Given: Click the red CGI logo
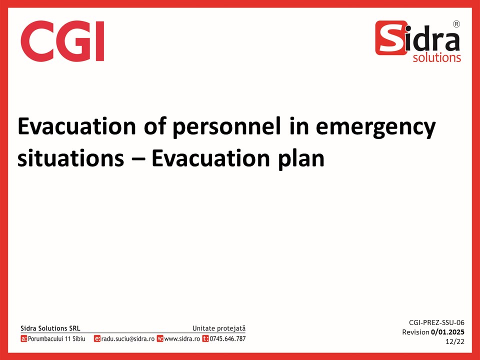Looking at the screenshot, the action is [x=62, y=41].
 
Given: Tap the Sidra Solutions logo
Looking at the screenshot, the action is [x=418, y=41].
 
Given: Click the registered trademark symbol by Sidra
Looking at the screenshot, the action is [x=456, y=24].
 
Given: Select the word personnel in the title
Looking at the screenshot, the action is [x=226, y=126].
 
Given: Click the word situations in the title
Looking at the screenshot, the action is [x=70, y=158].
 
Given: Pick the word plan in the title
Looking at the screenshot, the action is [x=301, y=159].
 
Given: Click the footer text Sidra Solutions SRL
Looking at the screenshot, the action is [x=50, y=328].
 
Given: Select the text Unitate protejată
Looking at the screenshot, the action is [x=219, y=328].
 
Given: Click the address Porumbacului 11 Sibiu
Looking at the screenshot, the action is [x=56, y=338].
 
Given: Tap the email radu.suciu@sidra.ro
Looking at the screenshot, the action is [x=128, y=338].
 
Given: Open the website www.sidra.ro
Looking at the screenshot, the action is [x=182, y=339].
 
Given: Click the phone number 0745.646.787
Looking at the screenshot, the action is [x=227, y=338].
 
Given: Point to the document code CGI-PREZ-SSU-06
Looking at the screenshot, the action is [x=436, y=322].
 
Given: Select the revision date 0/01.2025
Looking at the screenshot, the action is [x=447, y=332].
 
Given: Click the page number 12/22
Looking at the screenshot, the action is [x=455, y=341].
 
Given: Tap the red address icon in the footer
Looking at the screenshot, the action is [x=24, y=338].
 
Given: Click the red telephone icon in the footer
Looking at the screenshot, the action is [x=205, y=338].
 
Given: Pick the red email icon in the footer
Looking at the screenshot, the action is [x=97, y=338].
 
